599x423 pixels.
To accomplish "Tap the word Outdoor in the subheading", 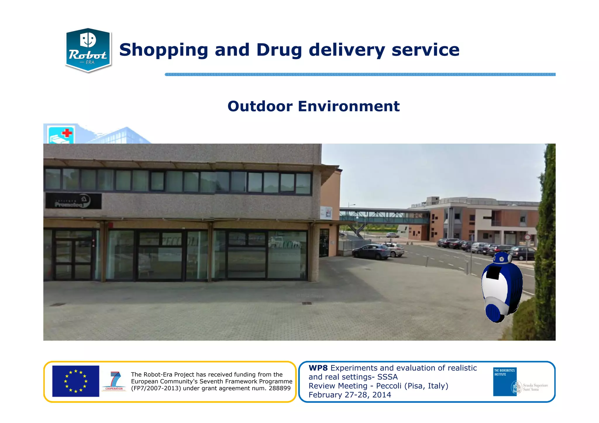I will point(260,106).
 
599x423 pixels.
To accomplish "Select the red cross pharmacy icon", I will point(61,135).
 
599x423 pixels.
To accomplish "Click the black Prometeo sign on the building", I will point(73,201).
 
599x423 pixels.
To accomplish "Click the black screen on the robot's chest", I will point(494,272).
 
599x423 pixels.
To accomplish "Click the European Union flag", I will point(76,381).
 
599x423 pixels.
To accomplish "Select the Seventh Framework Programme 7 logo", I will point(114,381).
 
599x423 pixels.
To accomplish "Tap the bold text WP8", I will point(318,368).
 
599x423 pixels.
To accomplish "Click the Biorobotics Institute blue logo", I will point(505,381).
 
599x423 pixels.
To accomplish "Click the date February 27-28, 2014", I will point(350,395).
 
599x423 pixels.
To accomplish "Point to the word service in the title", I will point(425,50).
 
